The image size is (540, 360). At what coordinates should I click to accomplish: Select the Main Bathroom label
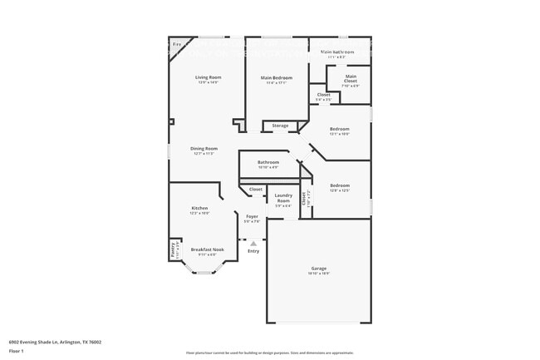337,52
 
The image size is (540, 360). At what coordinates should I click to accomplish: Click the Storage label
280,126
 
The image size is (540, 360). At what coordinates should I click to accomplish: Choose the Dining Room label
204,149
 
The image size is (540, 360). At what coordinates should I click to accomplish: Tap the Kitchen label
199,208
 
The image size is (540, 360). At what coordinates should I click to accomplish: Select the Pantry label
173,247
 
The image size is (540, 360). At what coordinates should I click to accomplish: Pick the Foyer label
251,216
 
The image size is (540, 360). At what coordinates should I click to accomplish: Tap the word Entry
253,250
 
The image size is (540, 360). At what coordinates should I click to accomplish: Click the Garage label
319,268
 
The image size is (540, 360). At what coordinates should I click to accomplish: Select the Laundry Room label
283,198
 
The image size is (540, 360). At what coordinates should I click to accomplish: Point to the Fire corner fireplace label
176,44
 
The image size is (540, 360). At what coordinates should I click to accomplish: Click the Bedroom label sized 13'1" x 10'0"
339,129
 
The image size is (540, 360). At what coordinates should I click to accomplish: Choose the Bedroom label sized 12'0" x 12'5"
339,185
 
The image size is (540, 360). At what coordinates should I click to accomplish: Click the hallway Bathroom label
268,162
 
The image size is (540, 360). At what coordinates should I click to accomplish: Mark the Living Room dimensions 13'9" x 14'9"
208,82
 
